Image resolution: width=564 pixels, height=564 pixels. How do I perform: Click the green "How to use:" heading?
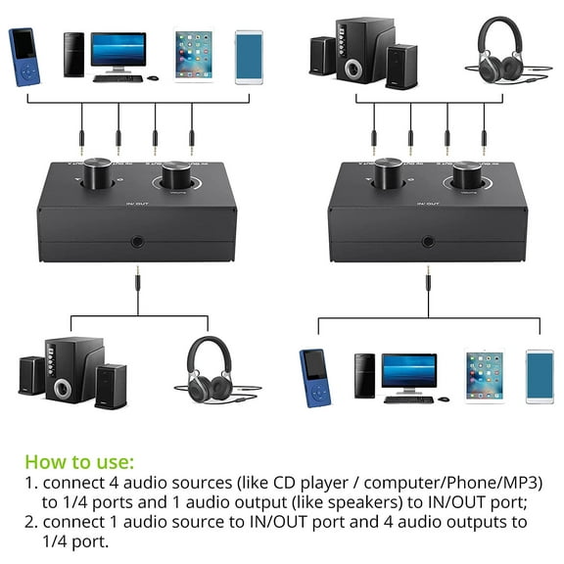coord(79,461)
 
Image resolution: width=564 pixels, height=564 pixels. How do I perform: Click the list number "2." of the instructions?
coord(31,522)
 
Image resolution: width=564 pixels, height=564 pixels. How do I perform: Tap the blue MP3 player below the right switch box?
coord(312,377)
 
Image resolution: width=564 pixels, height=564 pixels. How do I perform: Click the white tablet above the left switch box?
coord(193,55)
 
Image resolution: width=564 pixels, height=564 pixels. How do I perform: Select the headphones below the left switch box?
coord(211,366)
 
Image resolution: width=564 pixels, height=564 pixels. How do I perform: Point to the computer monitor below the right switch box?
coord(408,373)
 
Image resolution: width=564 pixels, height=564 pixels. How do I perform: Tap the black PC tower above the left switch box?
coord(73,55)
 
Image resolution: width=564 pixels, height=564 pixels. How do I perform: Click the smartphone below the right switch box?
coord(540,377)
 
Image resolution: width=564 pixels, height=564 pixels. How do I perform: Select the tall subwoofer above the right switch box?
coord(364,48)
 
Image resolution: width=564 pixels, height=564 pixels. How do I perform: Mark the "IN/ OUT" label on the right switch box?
coord(428,203)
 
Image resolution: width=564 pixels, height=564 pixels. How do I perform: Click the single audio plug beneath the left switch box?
coord(135,290)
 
